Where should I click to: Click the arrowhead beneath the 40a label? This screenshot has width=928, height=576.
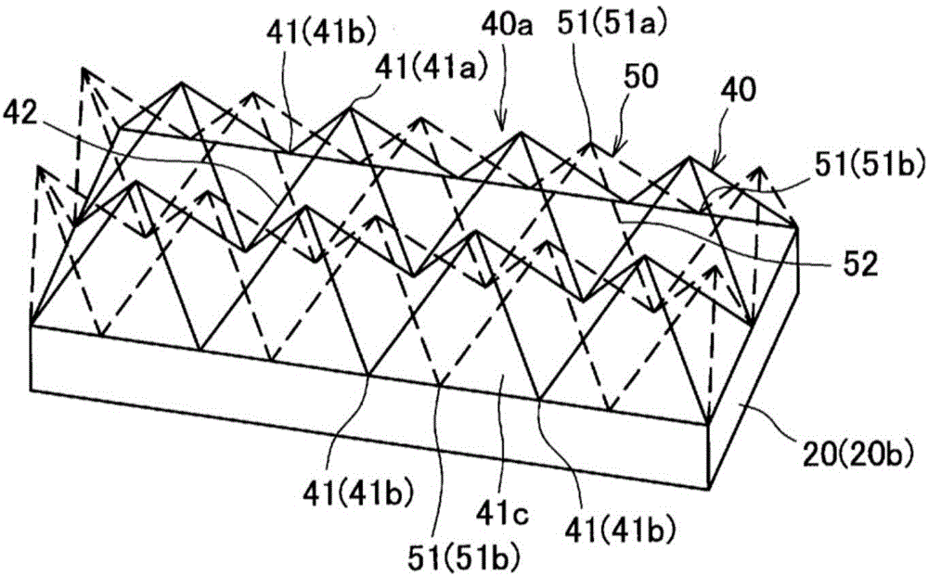coord(503,126)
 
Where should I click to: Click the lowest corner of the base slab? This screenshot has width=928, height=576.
coord(713,490)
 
